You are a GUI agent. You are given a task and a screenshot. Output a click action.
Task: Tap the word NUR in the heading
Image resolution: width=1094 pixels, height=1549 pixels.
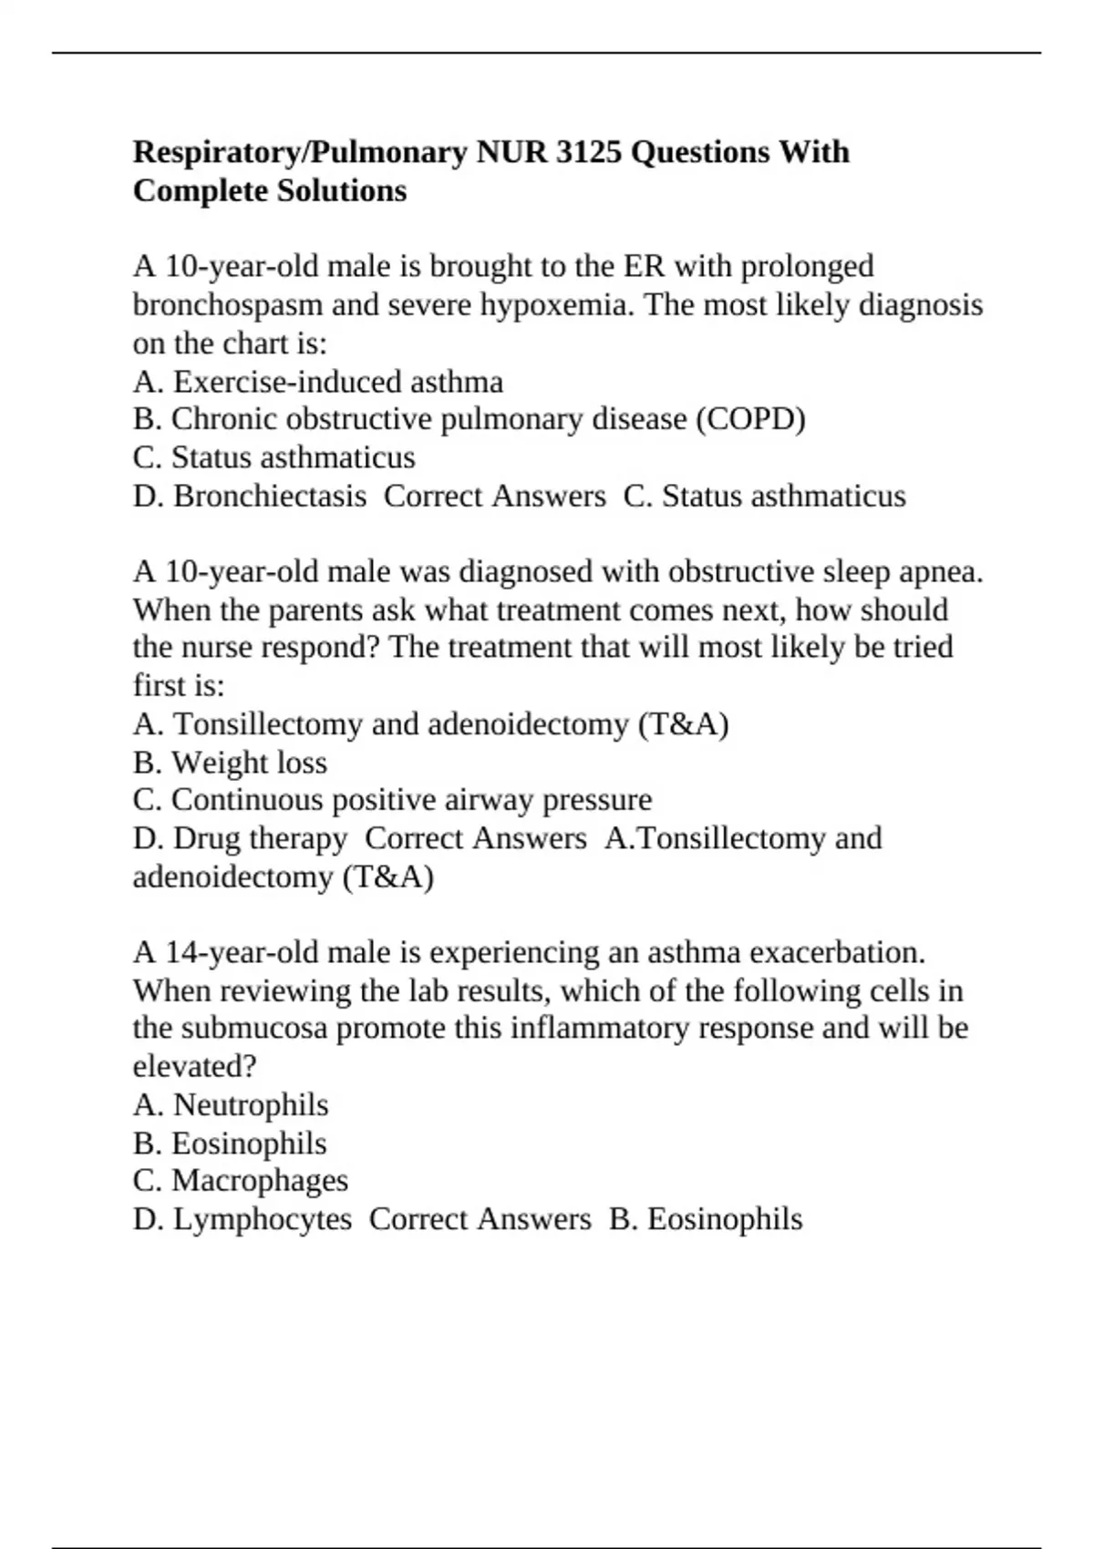tap(511, 152)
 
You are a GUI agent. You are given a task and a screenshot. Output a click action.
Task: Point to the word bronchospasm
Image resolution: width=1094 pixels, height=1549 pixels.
tap(228, 304)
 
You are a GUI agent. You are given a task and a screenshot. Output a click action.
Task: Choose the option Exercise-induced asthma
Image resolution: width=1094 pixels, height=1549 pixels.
tap(337, 381)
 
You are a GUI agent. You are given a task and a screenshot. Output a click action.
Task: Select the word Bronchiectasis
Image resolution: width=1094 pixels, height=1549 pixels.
tap(270, 496)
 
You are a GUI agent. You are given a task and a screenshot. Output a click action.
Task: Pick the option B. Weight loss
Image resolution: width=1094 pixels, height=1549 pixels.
tap(230, 762)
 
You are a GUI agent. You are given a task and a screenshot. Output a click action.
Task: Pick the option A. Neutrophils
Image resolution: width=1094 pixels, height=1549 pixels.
tap(231, 1105)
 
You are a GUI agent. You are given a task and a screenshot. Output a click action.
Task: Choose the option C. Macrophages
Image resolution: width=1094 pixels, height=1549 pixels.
tap(241, 1181)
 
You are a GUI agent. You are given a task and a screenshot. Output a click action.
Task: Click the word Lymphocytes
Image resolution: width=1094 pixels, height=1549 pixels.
tap(263, 1219)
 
